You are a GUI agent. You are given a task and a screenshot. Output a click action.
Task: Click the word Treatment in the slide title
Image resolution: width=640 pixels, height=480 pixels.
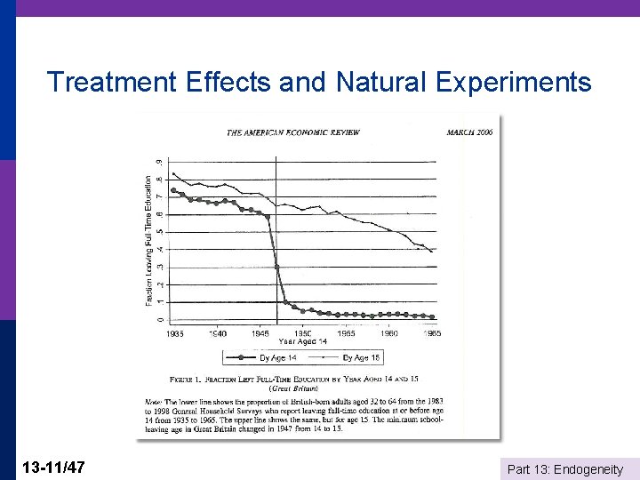112,82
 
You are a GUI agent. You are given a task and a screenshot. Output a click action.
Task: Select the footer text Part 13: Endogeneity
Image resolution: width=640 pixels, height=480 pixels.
564,468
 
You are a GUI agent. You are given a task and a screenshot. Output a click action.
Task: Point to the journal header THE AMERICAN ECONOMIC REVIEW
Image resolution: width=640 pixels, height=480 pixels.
292,132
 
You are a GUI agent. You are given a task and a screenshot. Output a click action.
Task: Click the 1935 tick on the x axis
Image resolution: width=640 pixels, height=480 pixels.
175,333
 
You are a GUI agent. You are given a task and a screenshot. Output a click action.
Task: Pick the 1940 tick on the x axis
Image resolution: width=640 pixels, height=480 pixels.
218,333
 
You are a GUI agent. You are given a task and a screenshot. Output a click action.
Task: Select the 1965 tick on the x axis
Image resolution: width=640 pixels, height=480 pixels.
431,333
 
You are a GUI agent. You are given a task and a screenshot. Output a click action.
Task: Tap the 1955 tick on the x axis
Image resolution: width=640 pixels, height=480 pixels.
347,333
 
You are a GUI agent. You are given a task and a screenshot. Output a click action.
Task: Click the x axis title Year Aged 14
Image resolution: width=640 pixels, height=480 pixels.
303,341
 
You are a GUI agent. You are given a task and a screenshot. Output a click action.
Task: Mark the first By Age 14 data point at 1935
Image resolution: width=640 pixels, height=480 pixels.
173,190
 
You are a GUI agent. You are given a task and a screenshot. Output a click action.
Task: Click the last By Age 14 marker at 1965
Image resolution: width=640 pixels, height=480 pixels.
432,316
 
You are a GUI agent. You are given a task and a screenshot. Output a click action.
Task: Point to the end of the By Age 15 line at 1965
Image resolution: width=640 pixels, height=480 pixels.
433,252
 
